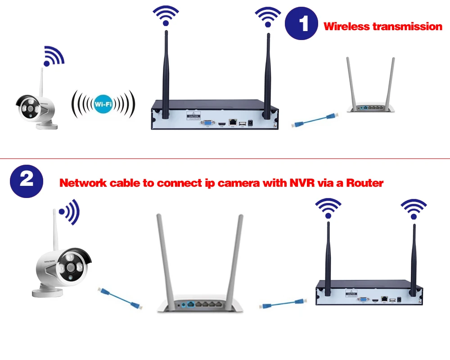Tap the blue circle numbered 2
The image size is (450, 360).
[x=27, y=180]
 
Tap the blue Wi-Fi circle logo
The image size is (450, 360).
[x=103, y=104]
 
